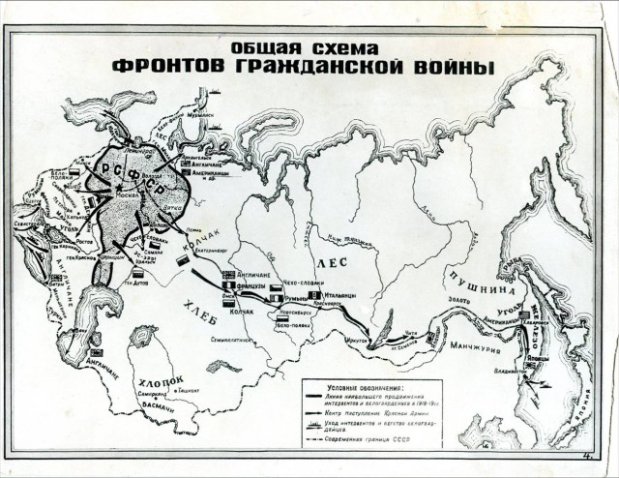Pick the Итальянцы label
(x=340, y=294)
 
